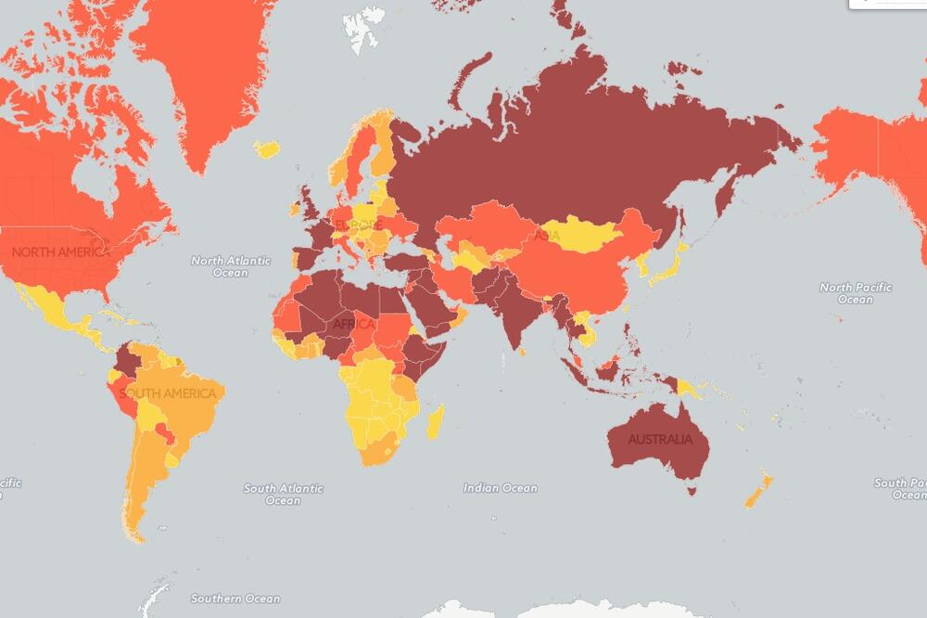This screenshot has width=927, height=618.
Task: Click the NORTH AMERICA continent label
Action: [59, 251]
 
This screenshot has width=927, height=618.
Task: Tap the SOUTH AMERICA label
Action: [168, 393]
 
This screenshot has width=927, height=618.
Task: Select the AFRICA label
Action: [352, 324]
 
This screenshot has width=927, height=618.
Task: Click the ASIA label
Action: [546, 236]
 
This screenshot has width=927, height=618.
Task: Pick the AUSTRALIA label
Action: [659, 439]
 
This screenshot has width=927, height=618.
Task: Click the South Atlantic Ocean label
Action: [283, 495]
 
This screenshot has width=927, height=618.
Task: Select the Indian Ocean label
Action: [500, 488]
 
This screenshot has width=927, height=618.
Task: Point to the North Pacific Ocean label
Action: [855, 293]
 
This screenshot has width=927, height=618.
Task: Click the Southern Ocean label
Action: [235, 599]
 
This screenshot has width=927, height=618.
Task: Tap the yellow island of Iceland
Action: [267, 148]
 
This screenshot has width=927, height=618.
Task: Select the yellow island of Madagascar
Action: [434, 421]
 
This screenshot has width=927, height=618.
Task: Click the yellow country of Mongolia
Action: [579, 234]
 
